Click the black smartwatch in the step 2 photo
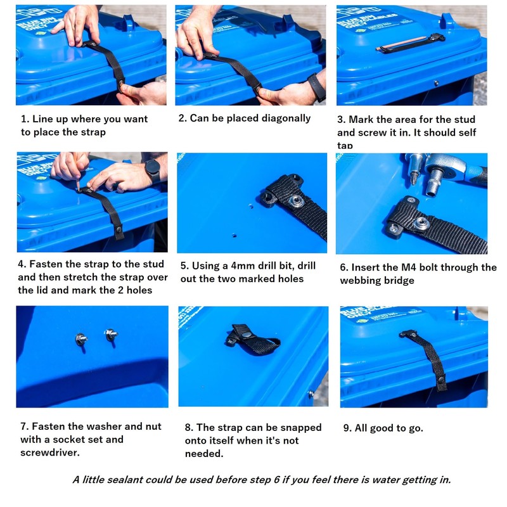(316, 86)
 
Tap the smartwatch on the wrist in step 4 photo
(152, 170)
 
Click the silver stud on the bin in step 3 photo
(435, 82)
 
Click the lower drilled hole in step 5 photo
(233, 233)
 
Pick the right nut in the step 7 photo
(110, 334)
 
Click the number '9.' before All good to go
(347, 428)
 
